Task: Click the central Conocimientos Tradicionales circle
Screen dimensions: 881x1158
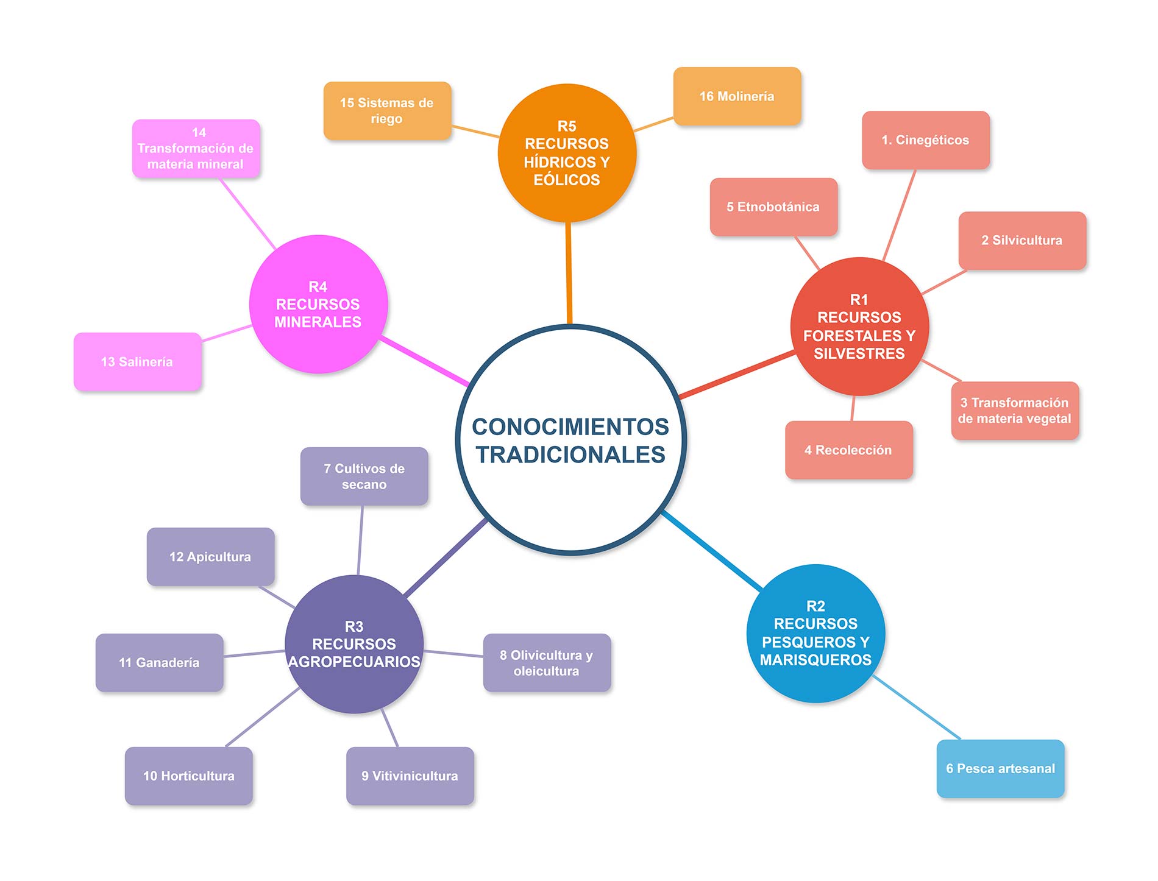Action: click(x=570, y=440)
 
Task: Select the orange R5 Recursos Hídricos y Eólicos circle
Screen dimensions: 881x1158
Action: click(x=567, y=153)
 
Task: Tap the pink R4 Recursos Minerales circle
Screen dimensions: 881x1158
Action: click(x=318, y=304)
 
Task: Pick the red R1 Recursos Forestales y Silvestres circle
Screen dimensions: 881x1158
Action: click(x=859, y=327)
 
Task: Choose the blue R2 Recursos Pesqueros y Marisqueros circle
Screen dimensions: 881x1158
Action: click(x=815, y=633)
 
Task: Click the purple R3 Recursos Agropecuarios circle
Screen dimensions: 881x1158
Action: click(x=354, y=644)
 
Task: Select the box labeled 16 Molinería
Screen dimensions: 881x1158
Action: click(x=737, y=96)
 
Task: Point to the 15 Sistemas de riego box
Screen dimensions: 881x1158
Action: click(x=387, y=111)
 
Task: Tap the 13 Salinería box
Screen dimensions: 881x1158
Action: click(x=137, y=362)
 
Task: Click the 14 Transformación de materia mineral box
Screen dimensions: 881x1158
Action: click(x=196, y=149)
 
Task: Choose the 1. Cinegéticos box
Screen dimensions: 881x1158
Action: click(x=925, y=140)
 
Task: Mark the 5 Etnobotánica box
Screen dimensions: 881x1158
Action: click(x=773, y=207)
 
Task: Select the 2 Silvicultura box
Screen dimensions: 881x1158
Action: click(x=1022, y=241)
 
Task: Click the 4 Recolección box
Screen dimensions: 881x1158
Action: click(x=848, y=450)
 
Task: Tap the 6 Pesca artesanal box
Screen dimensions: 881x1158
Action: click(x=1000, y=769)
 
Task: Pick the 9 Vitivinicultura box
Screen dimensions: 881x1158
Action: click(x=410, y=776)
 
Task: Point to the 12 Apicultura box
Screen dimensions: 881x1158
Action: click(x=210, y=557)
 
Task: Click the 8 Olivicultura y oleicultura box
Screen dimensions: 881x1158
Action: click(x=547, y=663)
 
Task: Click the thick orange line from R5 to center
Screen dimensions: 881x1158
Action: click(x=569, y=274)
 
